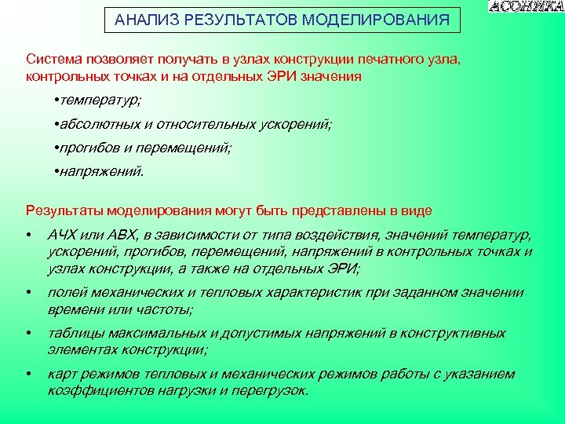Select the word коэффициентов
tap(97, 390)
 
